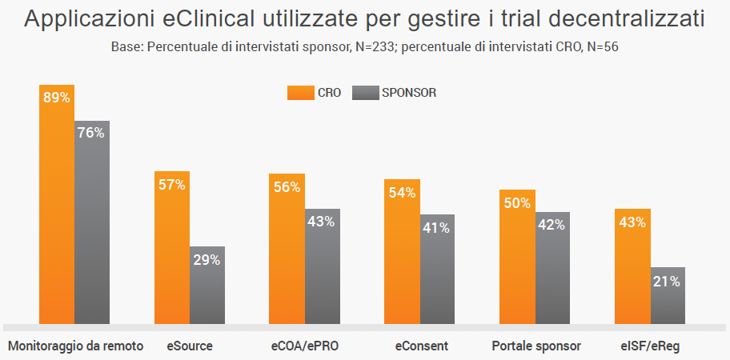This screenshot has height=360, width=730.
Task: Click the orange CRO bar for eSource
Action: point(172,248)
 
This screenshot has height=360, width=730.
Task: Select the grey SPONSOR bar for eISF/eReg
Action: point(668,296)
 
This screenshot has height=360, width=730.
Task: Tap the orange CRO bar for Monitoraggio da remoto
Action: point(57,204)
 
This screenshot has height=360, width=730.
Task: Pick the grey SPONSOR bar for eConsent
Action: point(437,269)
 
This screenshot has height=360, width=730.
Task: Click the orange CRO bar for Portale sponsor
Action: point(517,257)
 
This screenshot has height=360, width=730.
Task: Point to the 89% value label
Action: point(57,98)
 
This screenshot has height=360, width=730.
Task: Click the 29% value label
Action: point(207,259)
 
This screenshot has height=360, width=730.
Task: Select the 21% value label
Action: point(668,281)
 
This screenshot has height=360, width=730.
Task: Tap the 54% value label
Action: point(402,192)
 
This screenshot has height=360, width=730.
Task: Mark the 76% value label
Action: point(92,134)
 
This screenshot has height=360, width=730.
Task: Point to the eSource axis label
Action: point(190,346)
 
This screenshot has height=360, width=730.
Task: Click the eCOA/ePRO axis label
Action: point(304,346)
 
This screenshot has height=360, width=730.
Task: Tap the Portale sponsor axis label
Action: point(535,346)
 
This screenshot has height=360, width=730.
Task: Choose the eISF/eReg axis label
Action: point(650,346)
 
